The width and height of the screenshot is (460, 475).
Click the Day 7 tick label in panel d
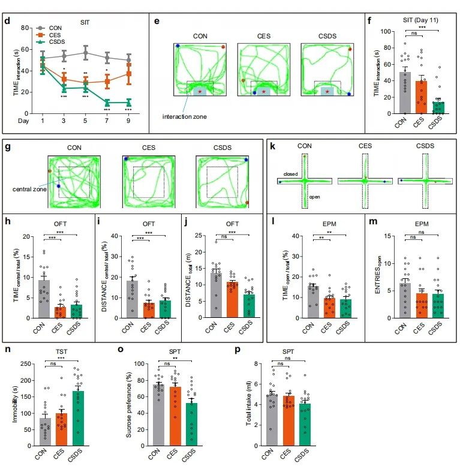click(107, 122)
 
